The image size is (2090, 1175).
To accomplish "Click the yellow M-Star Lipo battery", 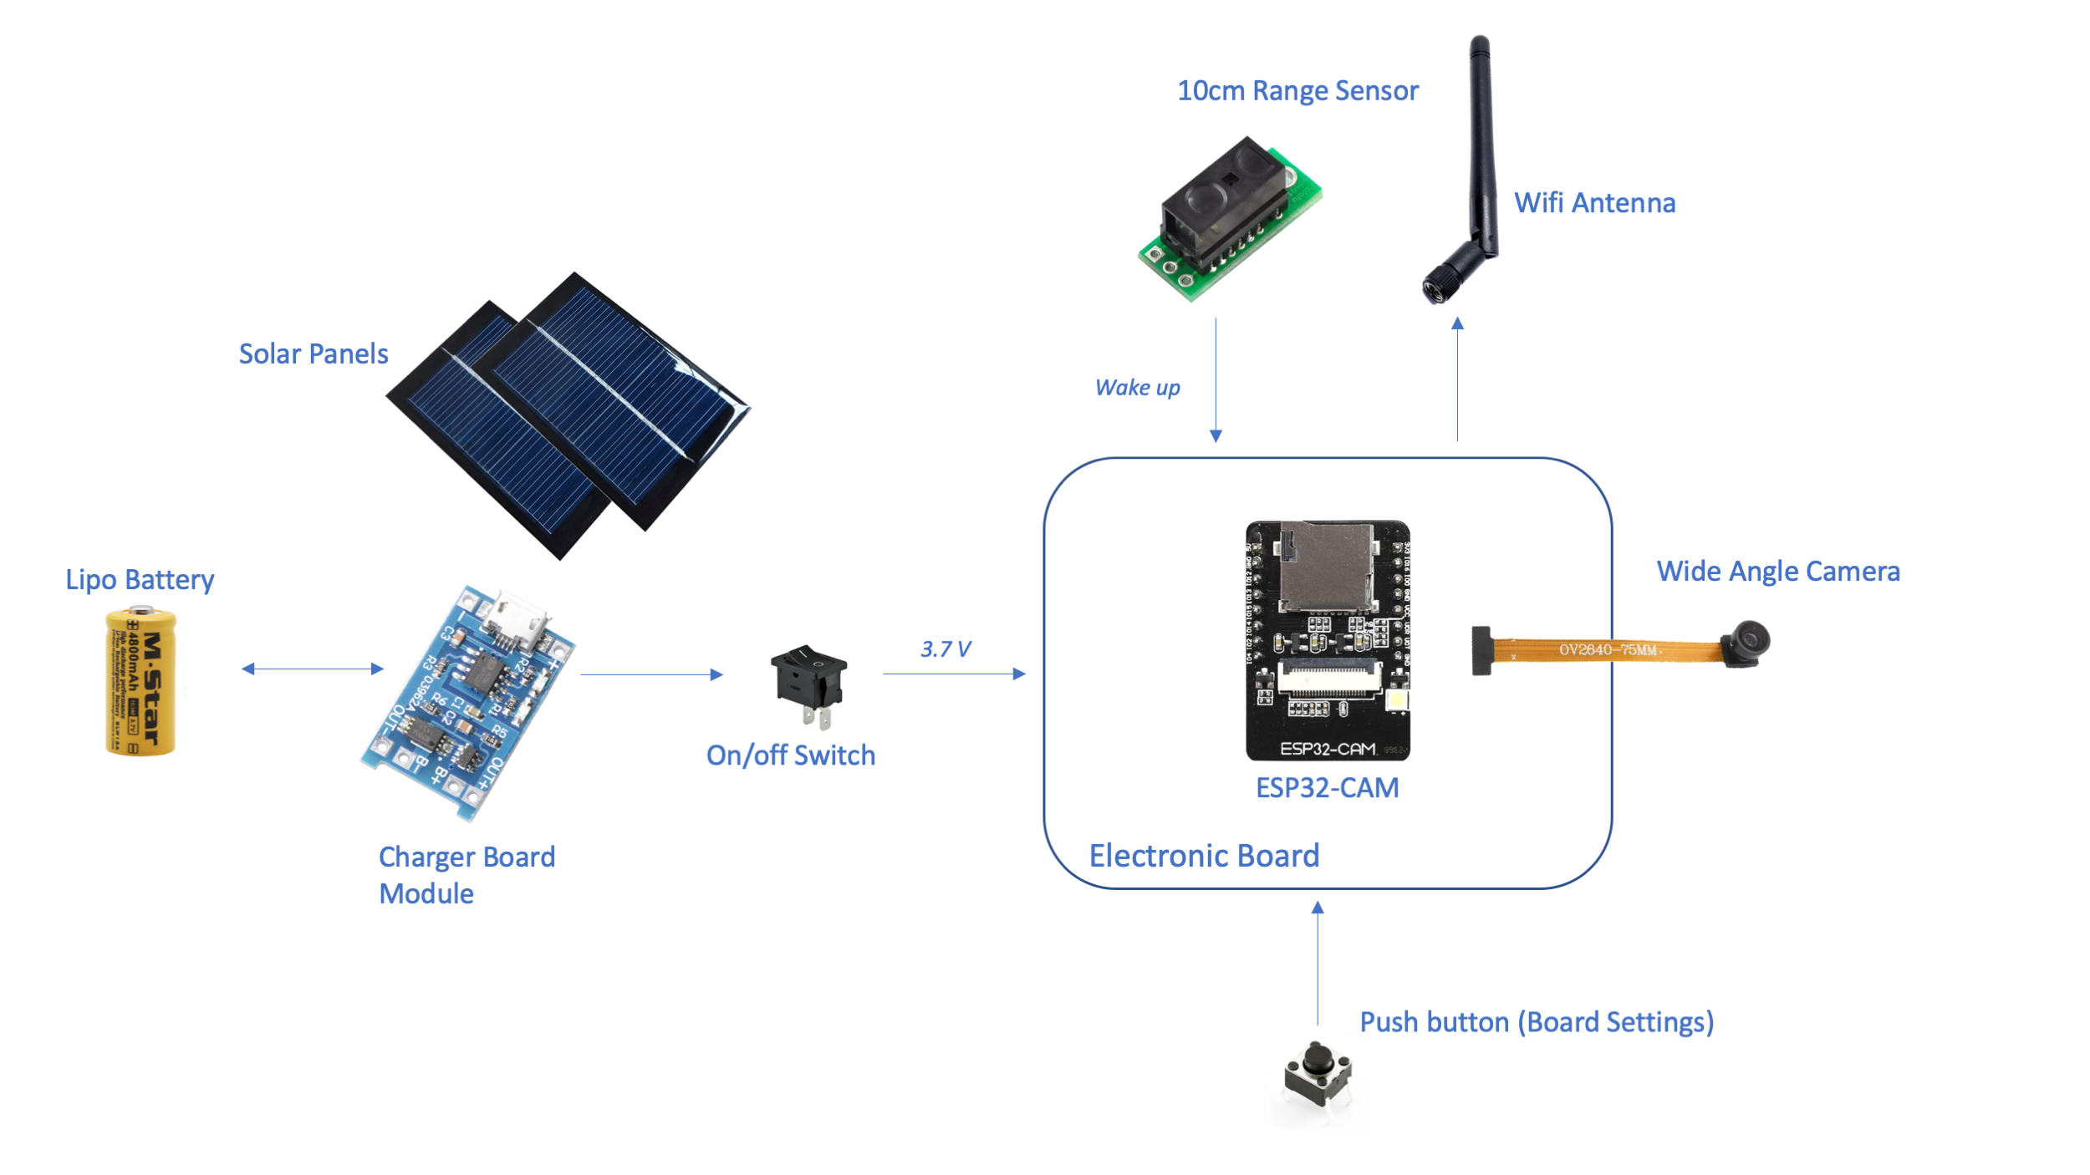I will (x=140, y=682).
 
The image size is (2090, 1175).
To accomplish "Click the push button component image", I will (x=1318, y=1073).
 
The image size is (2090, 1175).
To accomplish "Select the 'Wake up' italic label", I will (x=1137, y=388).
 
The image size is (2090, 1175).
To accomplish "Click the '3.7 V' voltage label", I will (x=946, y=649).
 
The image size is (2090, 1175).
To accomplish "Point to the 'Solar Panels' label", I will (x=313, y=354).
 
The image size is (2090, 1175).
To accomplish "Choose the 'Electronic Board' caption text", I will (x=1204, y=856).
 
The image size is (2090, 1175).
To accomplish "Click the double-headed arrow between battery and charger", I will (x=312, y=669).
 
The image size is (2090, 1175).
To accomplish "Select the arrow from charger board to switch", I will (x=651, y=674).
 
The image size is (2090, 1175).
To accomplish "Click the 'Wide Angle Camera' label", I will (x=1778, y=572).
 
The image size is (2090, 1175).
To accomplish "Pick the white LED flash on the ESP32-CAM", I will (x=1396, y=700).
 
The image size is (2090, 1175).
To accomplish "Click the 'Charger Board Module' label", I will (x=466, y=875).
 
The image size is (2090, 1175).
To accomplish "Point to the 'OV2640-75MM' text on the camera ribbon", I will (x=1607, y=650).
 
